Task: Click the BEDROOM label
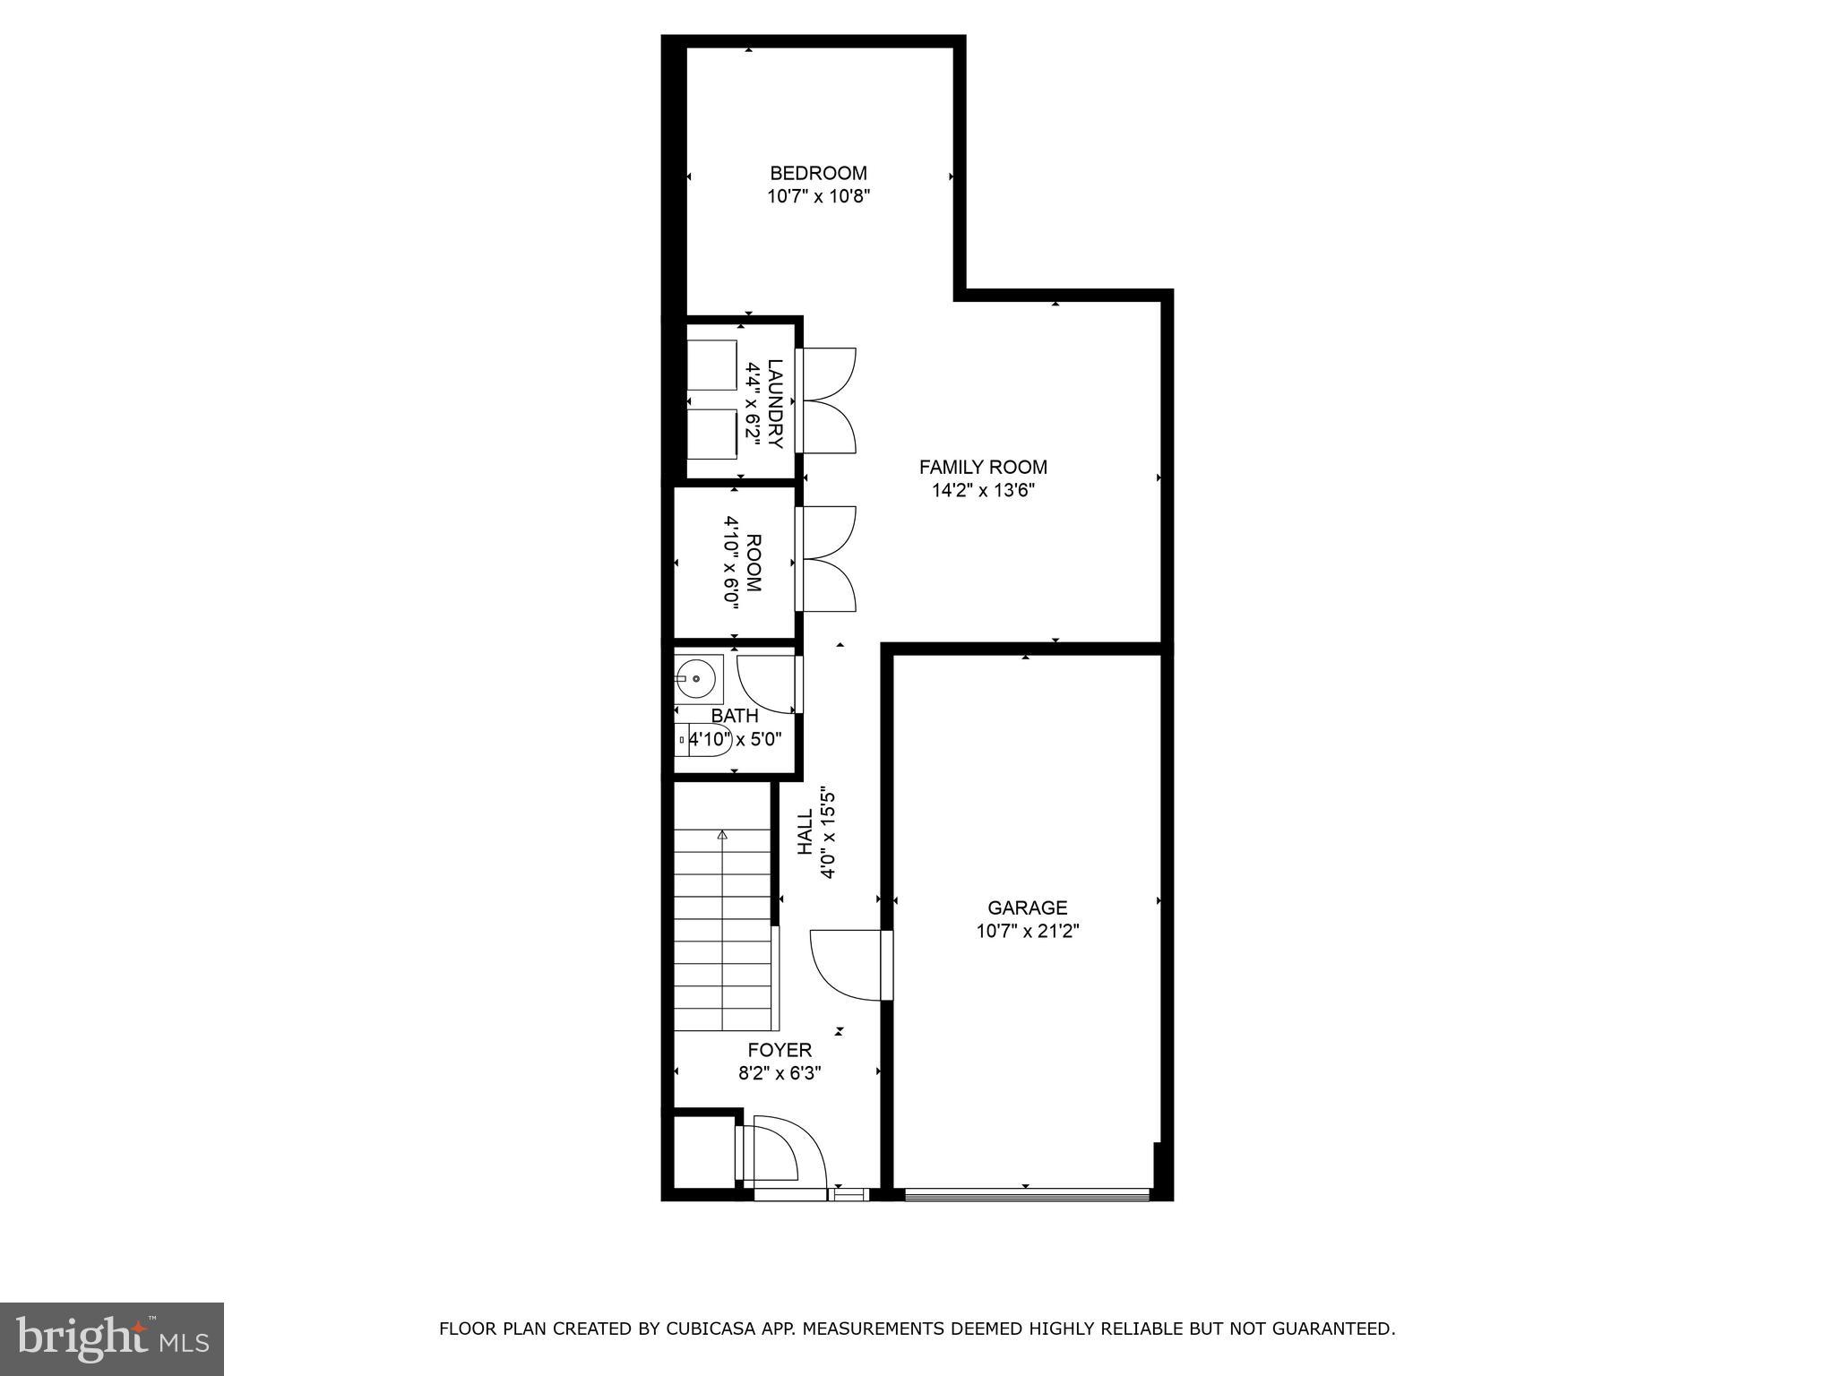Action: tap(818, 173)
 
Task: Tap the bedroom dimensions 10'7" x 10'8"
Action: tap(818, 196)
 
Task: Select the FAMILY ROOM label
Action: tap(983, 467)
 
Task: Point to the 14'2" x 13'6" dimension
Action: tap(983, 490)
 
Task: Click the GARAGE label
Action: tap(1027, 907)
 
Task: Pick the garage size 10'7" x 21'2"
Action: tap(1027, 932)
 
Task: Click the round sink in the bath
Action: tap(696, 679)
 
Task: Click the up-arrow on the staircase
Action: tap(722, 835)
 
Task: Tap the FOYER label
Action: tap(780, 1050)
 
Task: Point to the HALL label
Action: tap(805, 831)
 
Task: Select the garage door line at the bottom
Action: tap(1026, 1192)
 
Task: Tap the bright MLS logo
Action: tap(111, 1338)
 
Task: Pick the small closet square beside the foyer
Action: tap(704, 1152)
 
